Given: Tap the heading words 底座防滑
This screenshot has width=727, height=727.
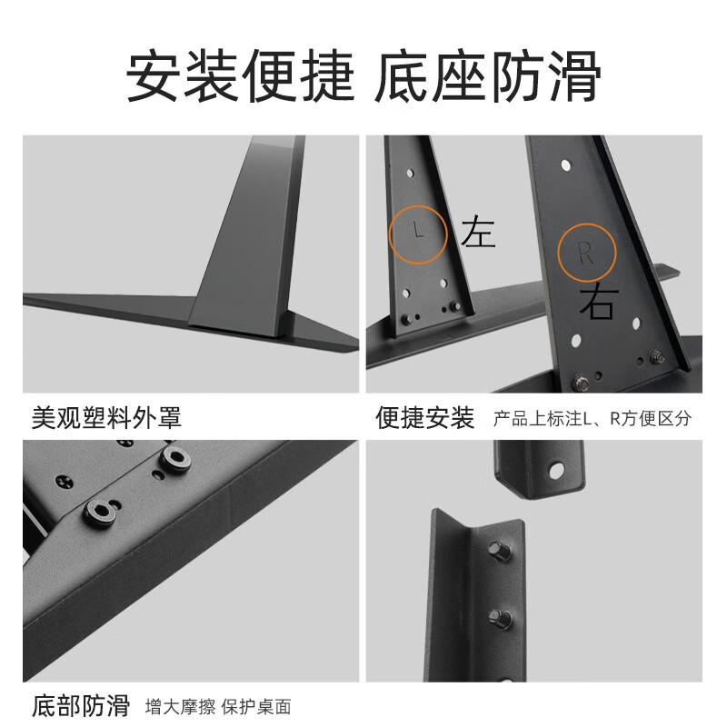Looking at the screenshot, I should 488,77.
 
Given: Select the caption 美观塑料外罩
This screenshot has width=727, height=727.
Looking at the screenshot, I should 106,417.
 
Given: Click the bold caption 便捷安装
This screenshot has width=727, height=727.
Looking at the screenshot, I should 424,417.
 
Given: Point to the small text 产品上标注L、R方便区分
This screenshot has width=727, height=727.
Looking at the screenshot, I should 592,419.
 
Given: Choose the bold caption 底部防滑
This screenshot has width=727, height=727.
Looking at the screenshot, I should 81,706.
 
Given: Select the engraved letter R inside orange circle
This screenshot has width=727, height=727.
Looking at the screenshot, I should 586,253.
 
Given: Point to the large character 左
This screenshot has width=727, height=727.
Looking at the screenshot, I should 479,233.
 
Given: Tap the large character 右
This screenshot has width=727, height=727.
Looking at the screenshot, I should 599,304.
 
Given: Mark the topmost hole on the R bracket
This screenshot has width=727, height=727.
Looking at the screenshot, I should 566,167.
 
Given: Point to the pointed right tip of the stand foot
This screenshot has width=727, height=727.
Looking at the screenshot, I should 356,344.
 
